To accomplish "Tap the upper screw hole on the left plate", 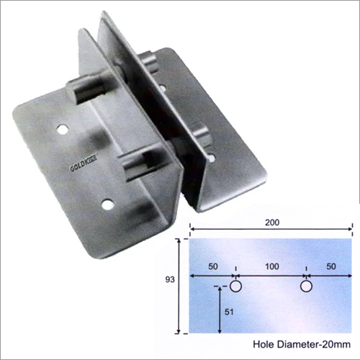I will [63, 131].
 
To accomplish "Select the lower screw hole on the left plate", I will [107, 205].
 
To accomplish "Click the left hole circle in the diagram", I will [235, 287].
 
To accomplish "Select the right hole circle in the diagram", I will [306, 287].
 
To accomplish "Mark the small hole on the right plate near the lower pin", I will [211, 154].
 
